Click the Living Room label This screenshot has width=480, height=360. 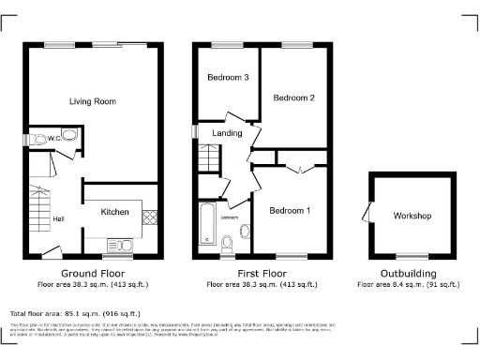click(x=92, y=100)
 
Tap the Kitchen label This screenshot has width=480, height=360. click(x=114, y=213)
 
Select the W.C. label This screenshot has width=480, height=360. click(x=55, y=140)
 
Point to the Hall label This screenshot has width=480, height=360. click(x=58, y=219)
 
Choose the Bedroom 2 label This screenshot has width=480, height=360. click(x=293, y=97)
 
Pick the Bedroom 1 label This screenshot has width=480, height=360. click(x=290, y=211)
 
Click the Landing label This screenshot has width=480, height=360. click(x=222, y=133)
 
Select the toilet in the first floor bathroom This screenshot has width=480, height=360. click(x=229, y=243)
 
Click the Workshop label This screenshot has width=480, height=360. click(x=412, y=217)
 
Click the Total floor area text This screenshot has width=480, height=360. click(x=75, y=313)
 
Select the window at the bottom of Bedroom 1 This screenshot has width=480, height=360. click(x=292, y=254)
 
